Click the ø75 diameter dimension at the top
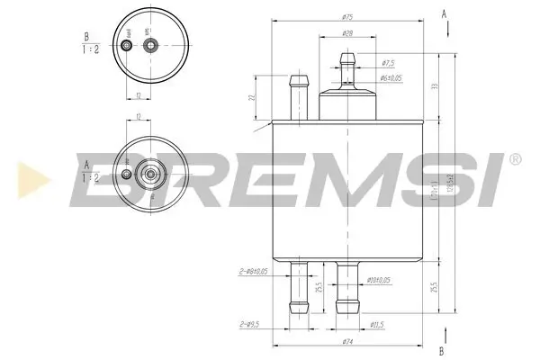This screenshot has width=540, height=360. pos(345,16)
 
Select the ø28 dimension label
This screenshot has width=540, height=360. pos(346,34)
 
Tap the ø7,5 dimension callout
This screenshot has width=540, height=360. pos(389,63)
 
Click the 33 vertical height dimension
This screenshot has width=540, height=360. pos(436,85)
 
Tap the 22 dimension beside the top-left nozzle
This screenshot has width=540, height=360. pos(252,98)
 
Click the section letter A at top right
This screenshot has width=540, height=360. pos(444,13)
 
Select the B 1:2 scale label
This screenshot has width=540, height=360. pos(86,44)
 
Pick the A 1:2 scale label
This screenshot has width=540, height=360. pos(86,171)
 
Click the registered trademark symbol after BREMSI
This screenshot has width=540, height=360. pos(514,159)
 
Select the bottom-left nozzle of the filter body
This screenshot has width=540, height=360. pos(295,288)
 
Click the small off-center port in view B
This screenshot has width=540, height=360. pos(127,43)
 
